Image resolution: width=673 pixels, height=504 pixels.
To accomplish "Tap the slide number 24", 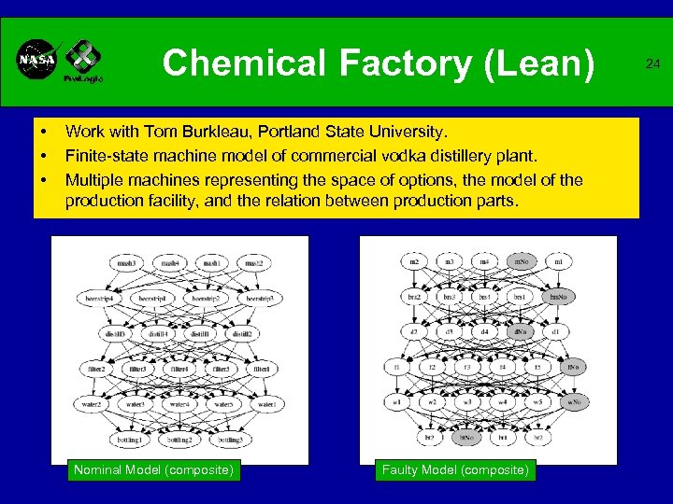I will coord(652,64).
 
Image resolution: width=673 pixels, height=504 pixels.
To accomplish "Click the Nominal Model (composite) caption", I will coord(153,469).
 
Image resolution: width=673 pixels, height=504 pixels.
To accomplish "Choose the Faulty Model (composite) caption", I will coord(455,469).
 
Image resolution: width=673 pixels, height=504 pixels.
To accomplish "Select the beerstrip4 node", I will coord(98,298).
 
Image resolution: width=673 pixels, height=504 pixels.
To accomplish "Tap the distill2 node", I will coord(242,333).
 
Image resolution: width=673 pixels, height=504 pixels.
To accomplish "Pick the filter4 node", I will coord(179,369).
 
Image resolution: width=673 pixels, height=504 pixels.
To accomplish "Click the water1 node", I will coord(267,404).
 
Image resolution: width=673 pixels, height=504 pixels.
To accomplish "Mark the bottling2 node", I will coord(179,439).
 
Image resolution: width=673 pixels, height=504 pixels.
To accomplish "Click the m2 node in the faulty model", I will coord(414,261).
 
